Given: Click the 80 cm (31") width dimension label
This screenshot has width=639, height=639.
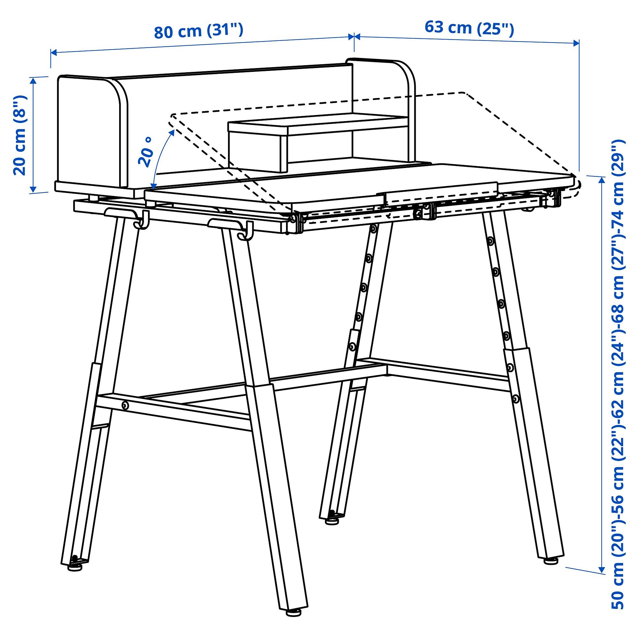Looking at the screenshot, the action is [x=199, y=31].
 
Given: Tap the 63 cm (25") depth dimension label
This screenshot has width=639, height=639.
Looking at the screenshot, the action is [x=469, y=28].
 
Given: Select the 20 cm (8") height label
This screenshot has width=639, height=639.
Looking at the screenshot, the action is [x=20, y=135].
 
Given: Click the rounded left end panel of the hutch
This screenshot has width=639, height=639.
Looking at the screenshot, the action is [x=93, y=132].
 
